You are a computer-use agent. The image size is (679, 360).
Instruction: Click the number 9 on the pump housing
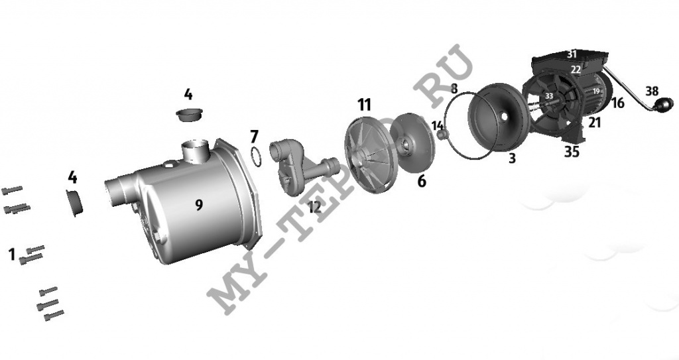199,205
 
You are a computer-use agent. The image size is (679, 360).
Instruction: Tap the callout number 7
254,137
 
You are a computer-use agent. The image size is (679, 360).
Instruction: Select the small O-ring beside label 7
256,157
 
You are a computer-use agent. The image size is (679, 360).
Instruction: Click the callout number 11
364,104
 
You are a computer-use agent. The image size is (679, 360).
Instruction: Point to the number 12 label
314,207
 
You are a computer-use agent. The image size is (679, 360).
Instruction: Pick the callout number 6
421,181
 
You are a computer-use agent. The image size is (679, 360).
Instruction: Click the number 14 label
438,125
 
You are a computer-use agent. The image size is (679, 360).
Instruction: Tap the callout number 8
454,89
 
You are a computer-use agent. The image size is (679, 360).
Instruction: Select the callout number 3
513,158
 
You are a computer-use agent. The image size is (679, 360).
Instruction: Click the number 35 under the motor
572,152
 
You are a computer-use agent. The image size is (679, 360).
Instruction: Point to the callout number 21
595,123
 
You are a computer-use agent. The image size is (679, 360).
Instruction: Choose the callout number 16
617,103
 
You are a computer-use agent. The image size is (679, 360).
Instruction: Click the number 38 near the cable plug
652,91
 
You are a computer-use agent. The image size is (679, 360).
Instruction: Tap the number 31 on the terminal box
572,54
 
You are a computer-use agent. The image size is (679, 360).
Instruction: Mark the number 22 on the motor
576,70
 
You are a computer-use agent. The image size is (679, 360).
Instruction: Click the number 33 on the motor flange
549,96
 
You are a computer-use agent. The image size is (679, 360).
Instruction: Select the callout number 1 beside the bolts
12,255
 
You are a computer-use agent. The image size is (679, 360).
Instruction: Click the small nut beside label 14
442,136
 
